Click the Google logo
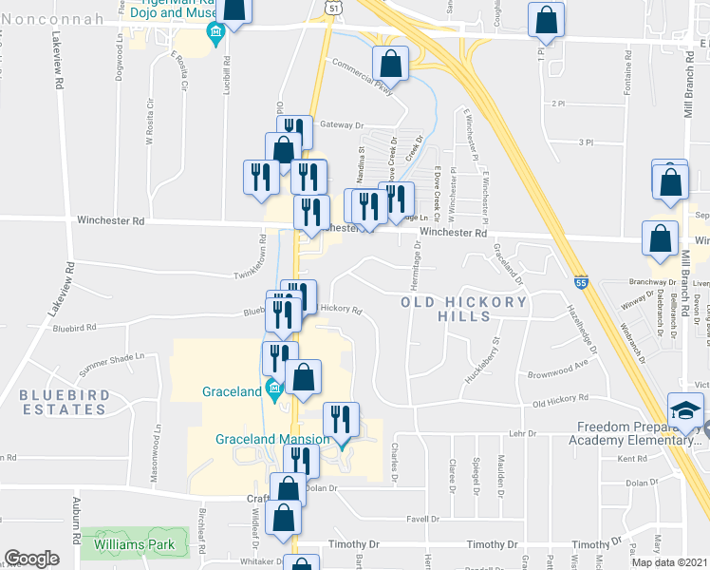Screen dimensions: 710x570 pyautogui.click(x=31, y=558)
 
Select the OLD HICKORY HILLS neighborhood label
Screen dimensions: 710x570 pyautogui.click(x=463, y=309)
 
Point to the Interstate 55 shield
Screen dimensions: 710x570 pyautogui.click(x=580, y=282)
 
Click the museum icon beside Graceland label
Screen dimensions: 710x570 pyautogui.click(x=274, y=387)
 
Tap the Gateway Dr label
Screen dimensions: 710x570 pyautogui.click(x=342, y=124)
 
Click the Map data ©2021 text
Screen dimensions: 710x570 pyautogui.click(x=667, y=562)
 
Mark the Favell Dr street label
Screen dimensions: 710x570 pyautogui.click(x=421, y=520)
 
